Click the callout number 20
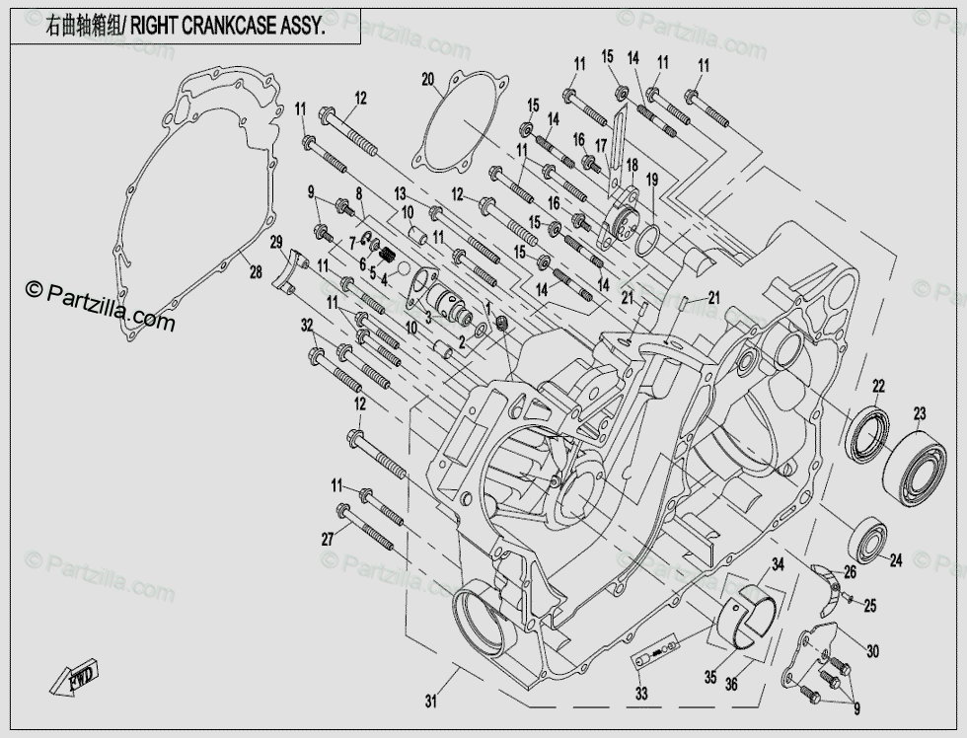tap(427, 80)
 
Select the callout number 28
tap(256, 272)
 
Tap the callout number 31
tap(430, 701)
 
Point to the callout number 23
tap(920, 412)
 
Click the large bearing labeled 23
tap(915, 468)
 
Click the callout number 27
tap(328, 538)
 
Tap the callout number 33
tap(641, 694)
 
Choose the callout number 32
tap(307, 325)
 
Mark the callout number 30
tap(872, 651)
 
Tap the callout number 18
tap(632, 166)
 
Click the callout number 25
tap(869, 606)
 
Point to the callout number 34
tap(778, 564)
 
